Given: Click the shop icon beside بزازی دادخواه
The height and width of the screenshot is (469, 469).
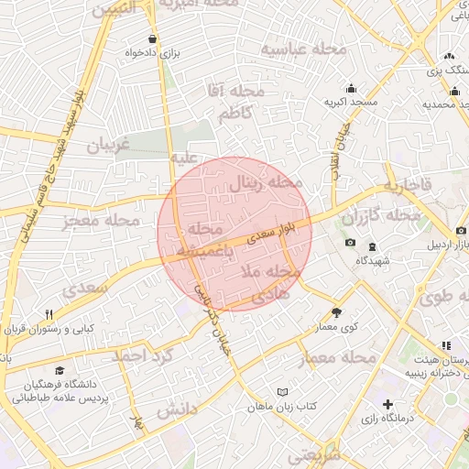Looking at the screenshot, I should pos(151,39).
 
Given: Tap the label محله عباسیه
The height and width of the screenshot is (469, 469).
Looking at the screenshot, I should pos(303,48).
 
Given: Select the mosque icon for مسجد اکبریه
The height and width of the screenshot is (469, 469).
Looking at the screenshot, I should pos(350,88).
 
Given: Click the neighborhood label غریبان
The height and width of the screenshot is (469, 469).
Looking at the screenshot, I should pos(108,145).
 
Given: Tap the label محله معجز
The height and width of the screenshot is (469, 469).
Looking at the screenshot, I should pos(101,221).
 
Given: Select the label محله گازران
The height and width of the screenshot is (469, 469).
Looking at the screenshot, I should pos(381,216).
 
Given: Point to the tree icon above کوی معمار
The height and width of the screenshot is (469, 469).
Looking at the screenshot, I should pos(336,312).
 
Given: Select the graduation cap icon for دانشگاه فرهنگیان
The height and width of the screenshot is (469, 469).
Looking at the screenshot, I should pos(60,371).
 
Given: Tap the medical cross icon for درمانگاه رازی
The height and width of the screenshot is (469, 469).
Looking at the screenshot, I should pos(388,404).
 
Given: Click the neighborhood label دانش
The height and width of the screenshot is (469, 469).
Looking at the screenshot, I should pos(176,409).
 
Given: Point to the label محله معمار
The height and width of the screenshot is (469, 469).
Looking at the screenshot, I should pos(339,356).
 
